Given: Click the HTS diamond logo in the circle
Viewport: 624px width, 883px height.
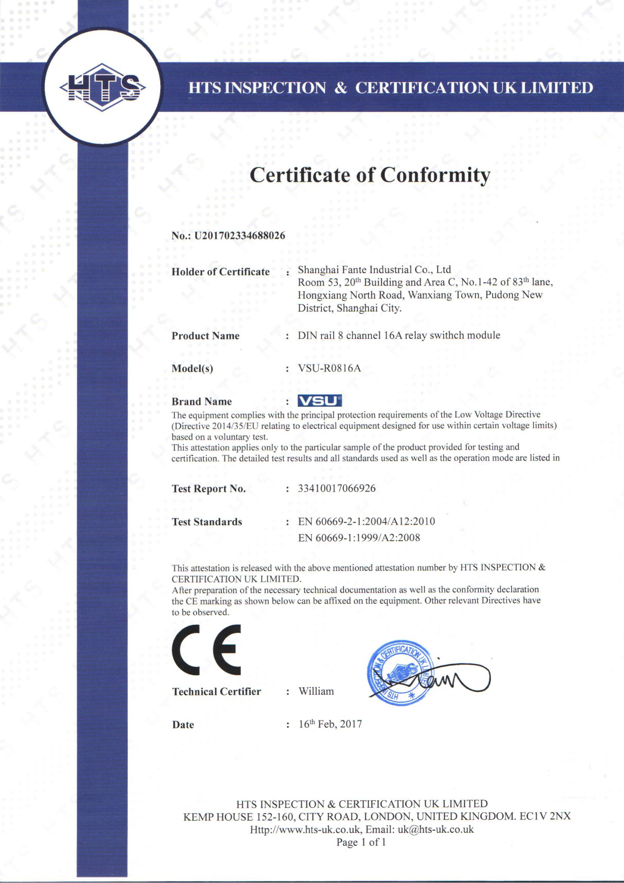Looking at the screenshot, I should point(102,87).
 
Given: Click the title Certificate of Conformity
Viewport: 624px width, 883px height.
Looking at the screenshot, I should point(370,175).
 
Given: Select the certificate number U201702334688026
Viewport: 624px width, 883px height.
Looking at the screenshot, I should point(240,235).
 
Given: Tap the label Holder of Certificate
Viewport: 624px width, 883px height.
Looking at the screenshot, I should point(220,272).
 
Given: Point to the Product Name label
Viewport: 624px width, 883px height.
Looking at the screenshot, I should point(206,336).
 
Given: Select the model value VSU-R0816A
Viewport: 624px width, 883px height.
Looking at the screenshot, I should point(329,368).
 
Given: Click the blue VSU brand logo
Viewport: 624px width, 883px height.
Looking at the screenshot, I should point(320,401).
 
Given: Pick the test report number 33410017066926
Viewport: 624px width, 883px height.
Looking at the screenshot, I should point(337,489).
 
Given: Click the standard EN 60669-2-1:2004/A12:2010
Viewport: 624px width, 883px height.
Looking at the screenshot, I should point(366,521).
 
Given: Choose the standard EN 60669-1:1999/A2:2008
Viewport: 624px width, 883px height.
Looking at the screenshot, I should point(359,538).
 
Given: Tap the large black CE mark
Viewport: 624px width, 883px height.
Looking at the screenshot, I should point(207,649).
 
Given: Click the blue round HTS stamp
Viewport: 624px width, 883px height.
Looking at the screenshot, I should point(400,673).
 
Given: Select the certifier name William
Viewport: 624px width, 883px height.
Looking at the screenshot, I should point(316,691).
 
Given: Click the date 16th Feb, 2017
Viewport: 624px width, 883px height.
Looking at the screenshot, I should point(330,724).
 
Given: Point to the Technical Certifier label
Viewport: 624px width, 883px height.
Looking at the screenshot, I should point(217,692).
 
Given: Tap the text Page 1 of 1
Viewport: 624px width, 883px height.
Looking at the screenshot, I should point(361,842).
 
